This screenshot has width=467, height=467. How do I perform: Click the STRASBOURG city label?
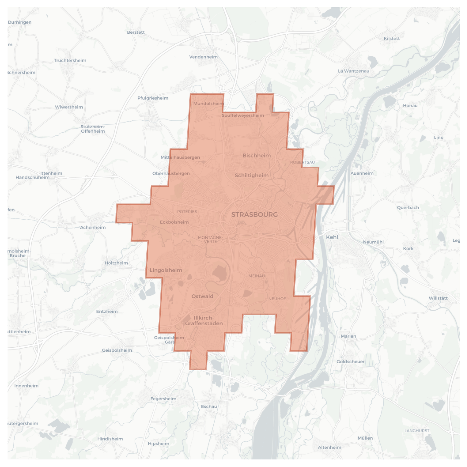(254, 215)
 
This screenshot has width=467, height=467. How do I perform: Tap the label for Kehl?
(332, 237)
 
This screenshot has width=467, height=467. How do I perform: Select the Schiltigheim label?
(252, 175)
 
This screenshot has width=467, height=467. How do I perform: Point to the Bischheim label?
(257, 155)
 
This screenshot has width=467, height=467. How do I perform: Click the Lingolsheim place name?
(166, 270)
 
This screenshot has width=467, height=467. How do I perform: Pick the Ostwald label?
(202, 296)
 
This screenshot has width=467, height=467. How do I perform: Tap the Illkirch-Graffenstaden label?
(204, 321)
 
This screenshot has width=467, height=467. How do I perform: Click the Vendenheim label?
(203, 57)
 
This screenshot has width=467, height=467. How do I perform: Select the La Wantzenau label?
(354, 71)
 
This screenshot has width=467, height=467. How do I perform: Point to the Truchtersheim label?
(70, 60)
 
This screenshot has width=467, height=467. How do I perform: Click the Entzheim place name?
(107, 311)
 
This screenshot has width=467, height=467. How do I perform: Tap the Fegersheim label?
(163, 399)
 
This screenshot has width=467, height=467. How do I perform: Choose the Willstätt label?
(438, 298)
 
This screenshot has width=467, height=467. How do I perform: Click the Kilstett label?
(392, 38)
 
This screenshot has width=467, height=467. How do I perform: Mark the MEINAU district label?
(257, 276)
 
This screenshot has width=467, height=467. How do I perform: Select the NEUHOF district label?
(277, 299)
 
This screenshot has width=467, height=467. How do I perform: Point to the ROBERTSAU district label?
(302, 162)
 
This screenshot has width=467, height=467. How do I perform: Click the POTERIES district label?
(187, 212)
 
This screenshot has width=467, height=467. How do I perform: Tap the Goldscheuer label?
(351, 361)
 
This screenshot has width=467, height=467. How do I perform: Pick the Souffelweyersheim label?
(243, 115)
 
